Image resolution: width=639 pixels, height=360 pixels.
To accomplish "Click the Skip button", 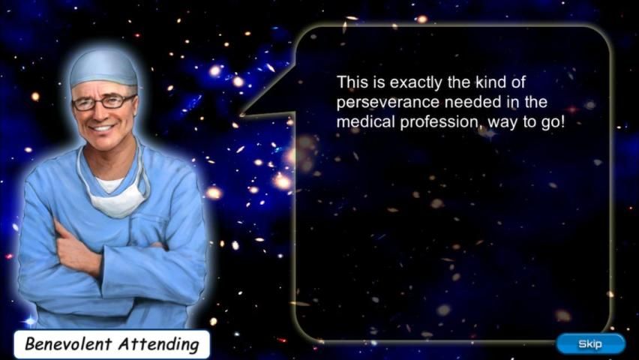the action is click(x=590, y=344).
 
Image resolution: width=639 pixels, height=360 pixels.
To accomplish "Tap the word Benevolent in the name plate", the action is click(x=69, y=343).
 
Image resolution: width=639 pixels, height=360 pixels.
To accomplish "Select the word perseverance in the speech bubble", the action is click(x=388, y=102).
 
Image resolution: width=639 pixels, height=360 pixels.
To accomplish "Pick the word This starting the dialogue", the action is click(x=352, y=82).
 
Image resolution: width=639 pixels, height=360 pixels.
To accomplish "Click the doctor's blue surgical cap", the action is click(x=103, y=67).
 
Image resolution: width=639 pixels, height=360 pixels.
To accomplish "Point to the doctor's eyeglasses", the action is click(x=103, y=102).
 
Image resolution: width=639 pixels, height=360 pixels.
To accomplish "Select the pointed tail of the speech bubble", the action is click(x=241, y=115).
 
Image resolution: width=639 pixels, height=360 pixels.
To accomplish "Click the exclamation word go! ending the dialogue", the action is click(x=553, y=122).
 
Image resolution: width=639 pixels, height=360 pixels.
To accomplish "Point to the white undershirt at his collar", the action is click(x=109, y=184).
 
